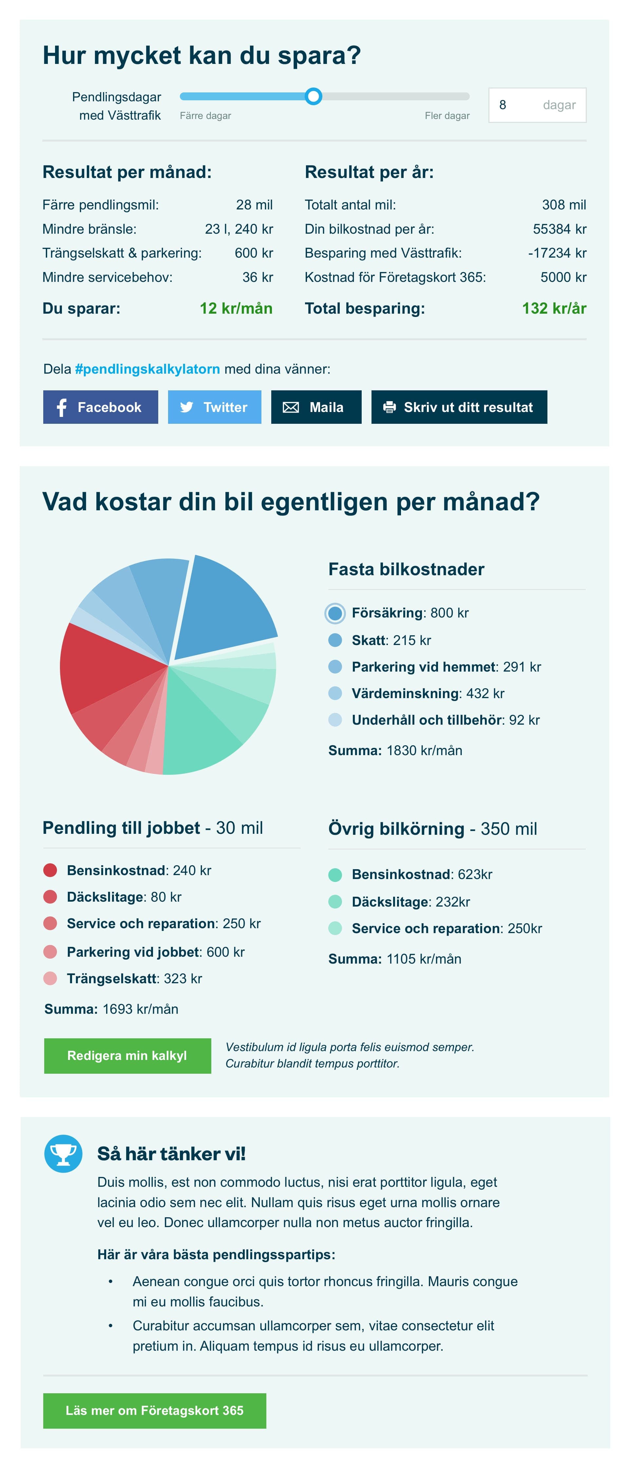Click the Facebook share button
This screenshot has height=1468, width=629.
tap(100, 407)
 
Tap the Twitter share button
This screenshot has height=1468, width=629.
tap(214, 407)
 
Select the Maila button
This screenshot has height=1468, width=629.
tap(316, 407)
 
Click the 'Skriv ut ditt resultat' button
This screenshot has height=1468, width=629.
tap(459, 407)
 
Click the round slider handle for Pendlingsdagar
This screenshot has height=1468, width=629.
tap(313, 96)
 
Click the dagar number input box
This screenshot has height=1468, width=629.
tap(537, 105)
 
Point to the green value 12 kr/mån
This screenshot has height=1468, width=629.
tap(236, 308)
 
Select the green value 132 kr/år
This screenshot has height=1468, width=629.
tap(554, 308)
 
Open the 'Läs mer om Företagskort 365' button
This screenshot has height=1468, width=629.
tap(154, 1410)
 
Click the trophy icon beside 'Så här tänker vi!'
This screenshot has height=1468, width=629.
tap(63, 1153)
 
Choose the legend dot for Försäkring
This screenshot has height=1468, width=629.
tap(335, 613)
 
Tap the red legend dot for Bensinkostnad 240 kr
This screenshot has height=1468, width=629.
tap(50, 870)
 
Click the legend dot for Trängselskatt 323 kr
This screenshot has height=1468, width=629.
tap(50, 978)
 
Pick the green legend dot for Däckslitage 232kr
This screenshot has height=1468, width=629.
tap(335, 902)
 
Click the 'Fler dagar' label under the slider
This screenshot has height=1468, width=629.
tap(447, 116)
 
